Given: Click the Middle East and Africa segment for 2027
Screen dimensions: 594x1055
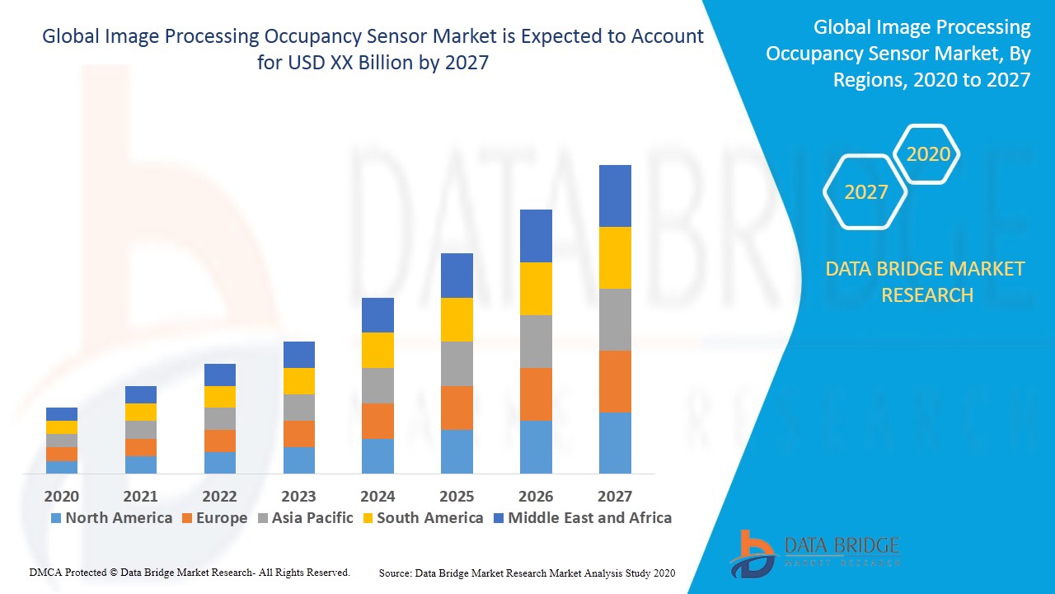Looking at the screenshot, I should coord(615,196).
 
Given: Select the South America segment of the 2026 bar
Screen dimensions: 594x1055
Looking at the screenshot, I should coord(536,289).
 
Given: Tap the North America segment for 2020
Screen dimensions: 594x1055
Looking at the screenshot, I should coord(62,467).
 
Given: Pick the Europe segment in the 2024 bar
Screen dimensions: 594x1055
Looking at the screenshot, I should coord(377,421).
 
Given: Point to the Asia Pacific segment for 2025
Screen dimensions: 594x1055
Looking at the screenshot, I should coord(457,364).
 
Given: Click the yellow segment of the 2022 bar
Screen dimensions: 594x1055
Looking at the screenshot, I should coord(220,397).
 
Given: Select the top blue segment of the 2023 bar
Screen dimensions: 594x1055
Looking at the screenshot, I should coord(299,355).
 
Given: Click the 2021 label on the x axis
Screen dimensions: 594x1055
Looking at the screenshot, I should coord(140,496).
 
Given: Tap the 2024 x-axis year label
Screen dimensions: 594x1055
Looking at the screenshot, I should coord(377,496).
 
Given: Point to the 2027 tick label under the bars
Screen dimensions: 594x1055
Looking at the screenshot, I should coord(615,496).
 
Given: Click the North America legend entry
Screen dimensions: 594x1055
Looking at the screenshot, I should coord(111,518).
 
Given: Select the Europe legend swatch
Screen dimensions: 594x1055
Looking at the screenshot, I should coord(186,518).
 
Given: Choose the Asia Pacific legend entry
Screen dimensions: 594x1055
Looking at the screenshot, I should coord(305,518).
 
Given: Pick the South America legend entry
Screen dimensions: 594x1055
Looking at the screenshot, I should coord(422,518).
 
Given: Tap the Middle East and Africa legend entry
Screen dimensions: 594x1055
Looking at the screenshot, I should coord(582,518).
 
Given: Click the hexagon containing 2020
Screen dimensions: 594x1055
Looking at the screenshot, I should coord(927,154).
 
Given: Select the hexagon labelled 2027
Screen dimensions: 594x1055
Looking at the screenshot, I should coord(865,192).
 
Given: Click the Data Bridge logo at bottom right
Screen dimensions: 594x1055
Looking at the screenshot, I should coord(814,553).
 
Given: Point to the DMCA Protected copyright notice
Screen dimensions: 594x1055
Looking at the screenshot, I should coord(190,572).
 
